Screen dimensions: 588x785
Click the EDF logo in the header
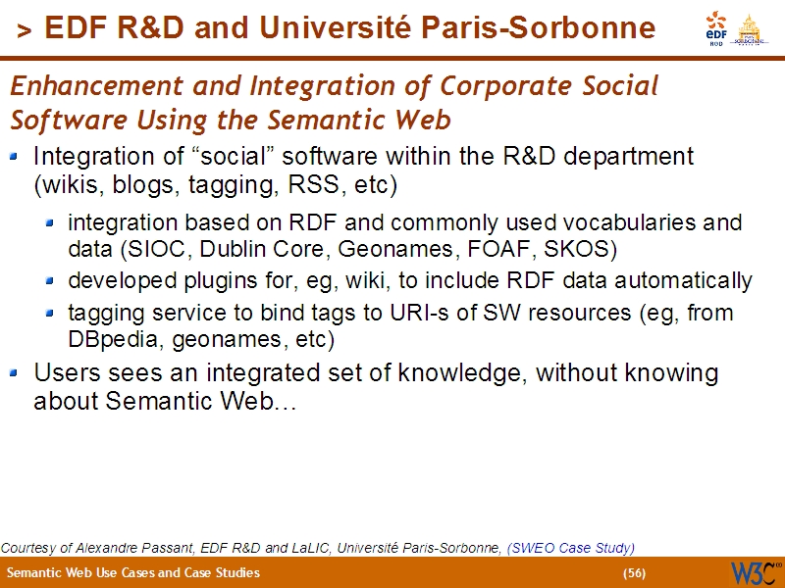716,28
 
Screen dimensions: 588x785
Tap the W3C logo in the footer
754,572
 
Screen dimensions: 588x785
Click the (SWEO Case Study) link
571,548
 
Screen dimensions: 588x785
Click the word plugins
199,281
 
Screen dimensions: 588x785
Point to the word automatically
692,281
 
